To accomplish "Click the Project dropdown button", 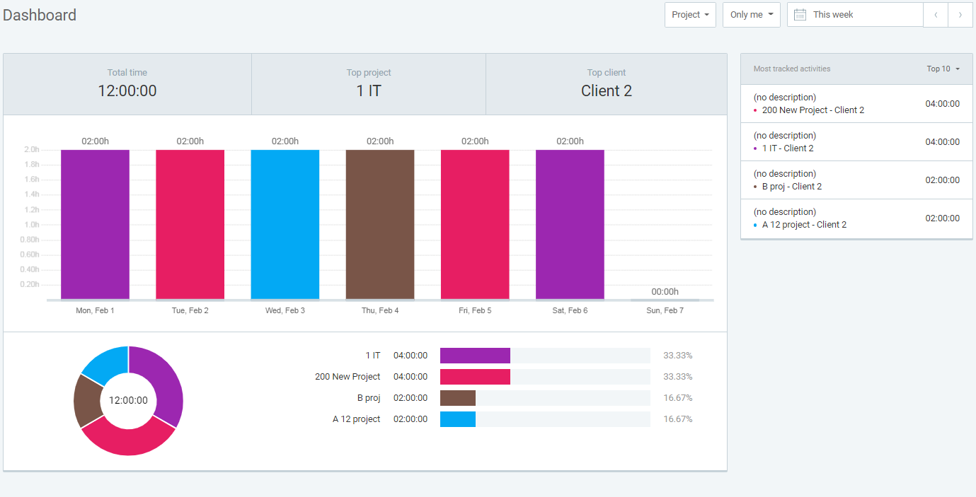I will tap(690, 15).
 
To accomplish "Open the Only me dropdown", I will tap(751, 15).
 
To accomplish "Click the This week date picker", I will tap(855, 15).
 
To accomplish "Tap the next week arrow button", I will tap(960, 15).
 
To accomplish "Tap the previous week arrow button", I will tap(936, 15).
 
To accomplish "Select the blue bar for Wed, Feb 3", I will tap(285, 224).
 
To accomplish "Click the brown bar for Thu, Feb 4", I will tap(380, 224).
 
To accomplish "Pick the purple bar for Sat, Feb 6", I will tap(570, 224).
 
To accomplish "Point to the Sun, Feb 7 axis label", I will tap(665, 310).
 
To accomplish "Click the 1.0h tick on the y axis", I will tap(31, 225).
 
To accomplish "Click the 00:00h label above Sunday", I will tap(665, 291).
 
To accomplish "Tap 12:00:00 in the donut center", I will tap(128, 400).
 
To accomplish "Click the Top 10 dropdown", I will tap(943, 69).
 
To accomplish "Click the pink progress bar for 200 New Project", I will tap(475, 377).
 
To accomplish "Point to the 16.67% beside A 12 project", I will tap(677, 419).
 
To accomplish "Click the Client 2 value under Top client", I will tap(606, 90).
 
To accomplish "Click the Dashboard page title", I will tap(40, 15).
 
